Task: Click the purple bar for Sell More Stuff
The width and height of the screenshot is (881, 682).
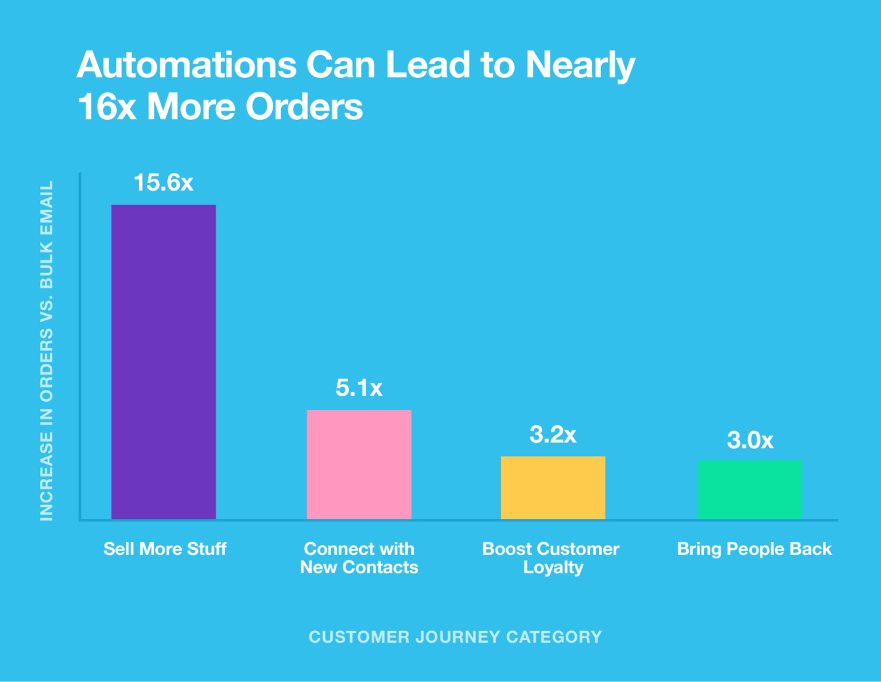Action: coord(163,362)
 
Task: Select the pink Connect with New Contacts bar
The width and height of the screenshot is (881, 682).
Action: coord(359,464)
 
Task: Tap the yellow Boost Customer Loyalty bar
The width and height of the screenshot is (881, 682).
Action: coord(553,487)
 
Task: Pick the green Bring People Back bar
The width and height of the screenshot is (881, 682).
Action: coord(749,489)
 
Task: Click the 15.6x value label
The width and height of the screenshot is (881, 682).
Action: coord(163,183)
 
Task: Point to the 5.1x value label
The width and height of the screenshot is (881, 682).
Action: coord(359,388)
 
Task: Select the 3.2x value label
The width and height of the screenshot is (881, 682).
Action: coord(553,434)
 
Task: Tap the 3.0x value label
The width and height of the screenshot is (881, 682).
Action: coord(750,440)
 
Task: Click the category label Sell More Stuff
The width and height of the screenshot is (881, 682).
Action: coord(165,549)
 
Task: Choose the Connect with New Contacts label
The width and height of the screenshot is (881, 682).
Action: coord(359,558)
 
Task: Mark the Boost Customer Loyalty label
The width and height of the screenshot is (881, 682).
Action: coord(551,558)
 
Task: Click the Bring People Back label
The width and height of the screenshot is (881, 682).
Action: coord(754,549)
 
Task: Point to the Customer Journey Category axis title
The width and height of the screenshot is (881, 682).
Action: coord(455,637)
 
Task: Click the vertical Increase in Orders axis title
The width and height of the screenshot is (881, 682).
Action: coord(47,351)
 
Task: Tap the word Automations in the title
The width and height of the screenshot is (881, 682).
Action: coord(187,65)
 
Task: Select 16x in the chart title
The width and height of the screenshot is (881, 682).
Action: coord(107,107)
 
